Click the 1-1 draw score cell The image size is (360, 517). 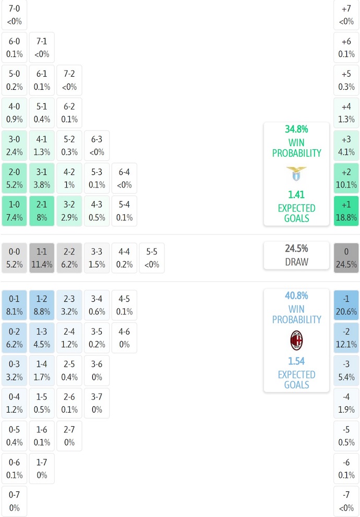point(42,258)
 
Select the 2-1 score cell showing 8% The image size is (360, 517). point(42,211)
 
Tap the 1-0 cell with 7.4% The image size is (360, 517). point(14,211)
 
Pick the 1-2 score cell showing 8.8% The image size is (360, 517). point(42,305)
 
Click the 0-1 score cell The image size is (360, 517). point(14,305)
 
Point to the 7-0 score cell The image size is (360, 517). point(14,15)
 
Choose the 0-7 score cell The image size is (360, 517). point(14,501)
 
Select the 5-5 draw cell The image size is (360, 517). point(152,258)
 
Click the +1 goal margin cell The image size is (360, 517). point(346,211)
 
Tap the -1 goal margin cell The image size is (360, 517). point(346,305)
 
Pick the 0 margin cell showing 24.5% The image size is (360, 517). point(346,258)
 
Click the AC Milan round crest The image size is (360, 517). point(296,340)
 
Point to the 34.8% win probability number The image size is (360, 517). point(296,129)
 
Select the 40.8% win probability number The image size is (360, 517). point(296,296)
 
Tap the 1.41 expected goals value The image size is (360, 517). point(296,195)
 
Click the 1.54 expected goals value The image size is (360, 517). point(296,361)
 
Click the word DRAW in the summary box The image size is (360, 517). point(296,262)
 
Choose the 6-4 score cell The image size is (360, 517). point(124,178)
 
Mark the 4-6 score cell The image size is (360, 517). point(124,338)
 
